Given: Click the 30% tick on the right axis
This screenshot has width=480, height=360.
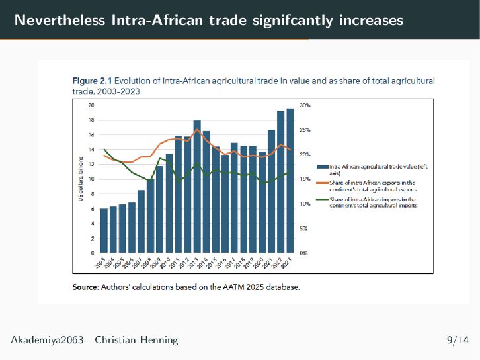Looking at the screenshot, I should (305, 105).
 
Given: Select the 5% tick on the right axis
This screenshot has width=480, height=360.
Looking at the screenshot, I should (303, 228).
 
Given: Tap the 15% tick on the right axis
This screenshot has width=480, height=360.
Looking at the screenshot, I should (305, 179).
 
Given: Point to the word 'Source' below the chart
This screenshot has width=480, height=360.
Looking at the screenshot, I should (85, 287).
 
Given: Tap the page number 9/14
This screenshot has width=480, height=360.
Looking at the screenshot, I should (458, 341).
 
